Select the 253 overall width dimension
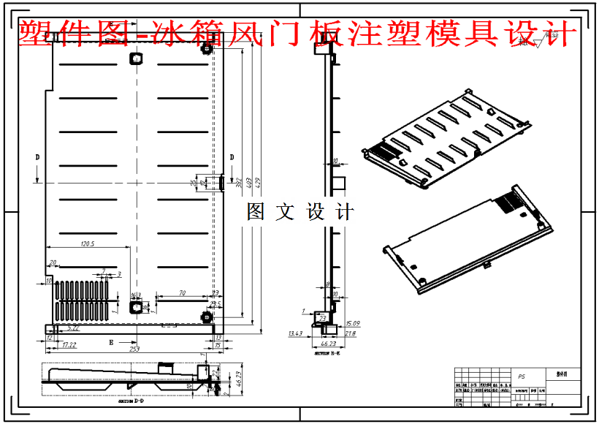coord(134,350)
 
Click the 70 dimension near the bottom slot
coord(181,293)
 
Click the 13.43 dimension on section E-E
coord(296,333)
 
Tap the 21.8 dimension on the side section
coord(351,333)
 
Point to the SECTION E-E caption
coord(321,353)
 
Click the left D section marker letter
coord(37,156)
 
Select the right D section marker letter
coord(232,156)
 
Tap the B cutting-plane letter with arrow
coord(111,341)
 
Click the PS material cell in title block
coord(521,377)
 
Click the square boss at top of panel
coord(135,58)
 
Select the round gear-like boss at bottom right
coord(207,317)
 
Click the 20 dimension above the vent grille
coord(53,262)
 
